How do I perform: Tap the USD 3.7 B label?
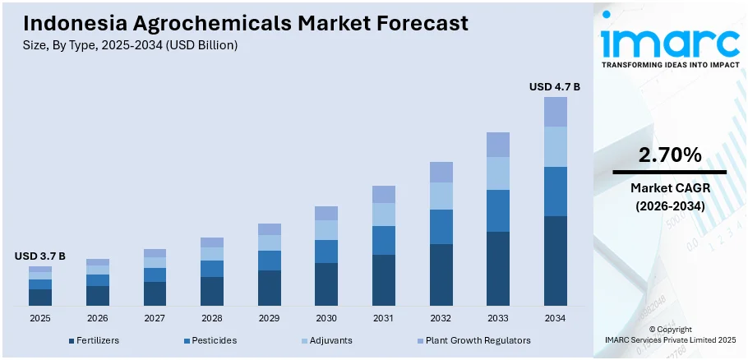[x=39, y=256]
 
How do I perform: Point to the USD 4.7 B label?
[x=554, y=86]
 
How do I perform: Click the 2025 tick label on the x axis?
[x=39, y=318]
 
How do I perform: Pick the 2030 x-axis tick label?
[x=326, y=318]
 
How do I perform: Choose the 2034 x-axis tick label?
[x=555, y=318]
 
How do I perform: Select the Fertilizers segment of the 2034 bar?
[x=555, y=261]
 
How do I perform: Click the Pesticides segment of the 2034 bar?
[x=555, y=192]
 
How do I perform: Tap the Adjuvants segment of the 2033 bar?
[x=498, y=173]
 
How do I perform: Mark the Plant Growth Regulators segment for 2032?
[x=441, y=172]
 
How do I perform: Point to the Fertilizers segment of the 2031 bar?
[x=383, y=280]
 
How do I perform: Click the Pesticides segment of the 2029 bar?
[x=269, y=261]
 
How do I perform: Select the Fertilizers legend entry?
[x=95, y=340]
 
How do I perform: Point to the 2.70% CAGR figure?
[x=669, y=155]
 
